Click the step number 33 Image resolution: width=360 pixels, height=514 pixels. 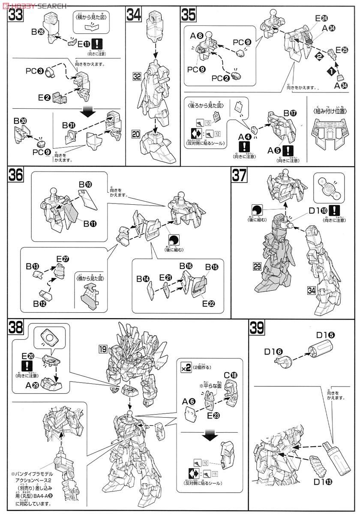pos(15,16)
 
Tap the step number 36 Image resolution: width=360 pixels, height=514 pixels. pos(16,176)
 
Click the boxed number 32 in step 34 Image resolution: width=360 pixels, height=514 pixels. pos(137,78)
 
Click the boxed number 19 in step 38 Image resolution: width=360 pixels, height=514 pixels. pos(102,349)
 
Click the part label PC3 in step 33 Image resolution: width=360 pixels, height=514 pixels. pos(45,71)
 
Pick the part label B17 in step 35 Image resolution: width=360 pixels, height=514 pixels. pos(289,113)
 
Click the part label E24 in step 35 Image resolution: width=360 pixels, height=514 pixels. pos(321,18)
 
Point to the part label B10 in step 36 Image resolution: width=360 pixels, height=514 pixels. pos(84,184)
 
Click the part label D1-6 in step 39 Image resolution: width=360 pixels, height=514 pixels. pos(273,351)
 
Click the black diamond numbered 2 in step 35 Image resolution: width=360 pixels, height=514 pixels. pos(318,56)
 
